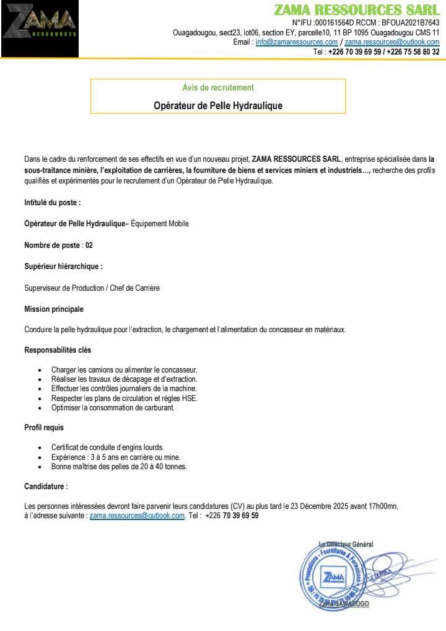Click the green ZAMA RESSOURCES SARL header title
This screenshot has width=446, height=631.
[x=356, y=10]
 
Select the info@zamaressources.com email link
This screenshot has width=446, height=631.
[x=296, y=42]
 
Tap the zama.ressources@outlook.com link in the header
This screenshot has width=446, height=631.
[x=391, y=42]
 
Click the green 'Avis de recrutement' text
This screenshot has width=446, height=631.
[x=218, y=88]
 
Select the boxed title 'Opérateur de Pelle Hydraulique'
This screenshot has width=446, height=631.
[x=218, y=106]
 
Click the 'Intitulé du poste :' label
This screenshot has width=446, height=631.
[x=53, y=203]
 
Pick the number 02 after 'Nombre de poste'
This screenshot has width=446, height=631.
[x=89, y=245]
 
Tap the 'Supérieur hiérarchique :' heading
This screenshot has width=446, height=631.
[x=63, y=267]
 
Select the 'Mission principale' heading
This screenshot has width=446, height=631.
[x=54, y=309]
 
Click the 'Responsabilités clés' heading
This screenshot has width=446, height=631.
[x=58, y=350]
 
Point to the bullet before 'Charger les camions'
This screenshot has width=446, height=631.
[x=40, y=370]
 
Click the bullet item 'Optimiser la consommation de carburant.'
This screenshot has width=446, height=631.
[x=113, y=408]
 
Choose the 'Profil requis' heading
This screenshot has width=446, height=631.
[x=44, y=428]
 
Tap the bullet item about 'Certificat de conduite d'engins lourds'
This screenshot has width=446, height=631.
[x=107, y=448]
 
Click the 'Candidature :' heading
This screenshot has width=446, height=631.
[x=46, y=487]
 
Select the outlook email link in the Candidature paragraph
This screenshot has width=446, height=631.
[x=137, y=516]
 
